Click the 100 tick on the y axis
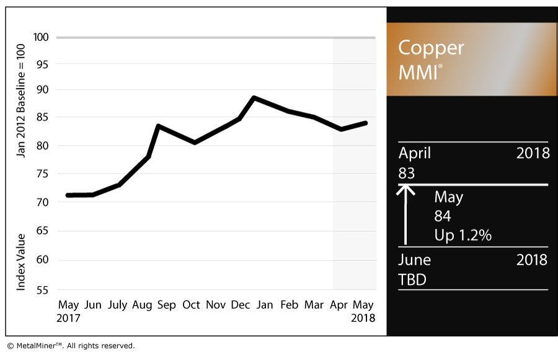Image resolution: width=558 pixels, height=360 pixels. tap(42, 37)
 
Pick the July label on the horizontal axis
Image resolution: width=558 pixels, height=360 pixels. tap(117, 305)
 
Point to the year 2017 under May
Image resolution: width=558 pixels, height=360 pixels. tap(68, 318)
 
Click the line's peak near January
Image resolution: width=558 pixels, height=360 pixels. tap(254, 97)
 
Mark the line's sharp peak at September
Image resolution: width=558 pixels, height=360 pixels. tap(159, 126)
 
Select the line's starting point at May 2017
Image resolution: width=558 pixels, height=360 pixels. tap(68, 195)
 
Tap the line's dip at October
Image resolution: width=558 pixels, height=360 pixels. tap(195, 143)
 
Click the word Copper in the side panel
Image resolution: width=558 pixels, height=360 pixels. tap(430, 48)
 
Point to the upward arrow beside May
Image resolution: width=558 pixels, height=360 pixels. tap(406, 214)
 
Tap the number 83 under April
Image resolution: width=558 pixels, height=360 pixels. tap(407, 173)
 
